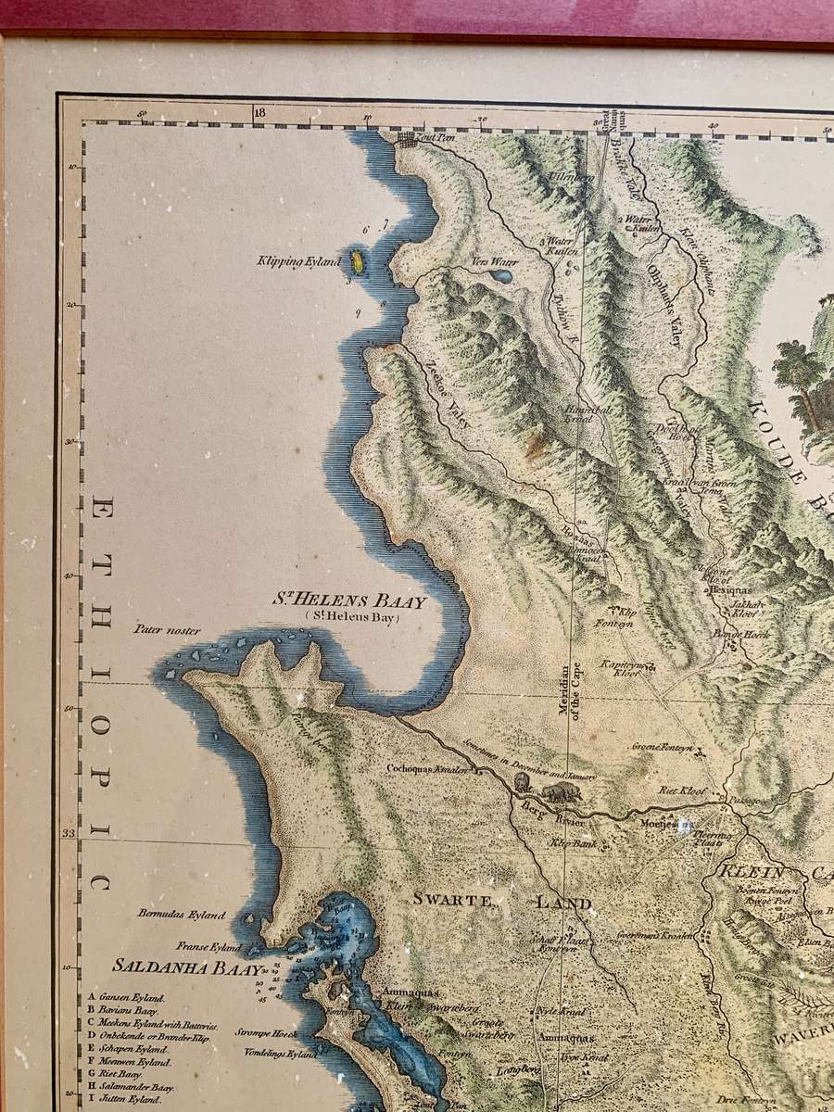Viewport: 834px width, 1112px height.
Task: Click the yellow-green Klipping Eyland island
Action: pos(356,263)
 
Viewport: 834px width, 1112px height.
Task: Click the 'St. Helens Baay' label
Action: pos(349,600)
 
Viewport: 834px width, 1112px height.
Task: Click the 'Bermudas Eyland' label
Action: pos(182,915)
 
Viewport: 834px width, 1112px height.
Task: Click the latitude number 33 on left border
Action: pos(69,833)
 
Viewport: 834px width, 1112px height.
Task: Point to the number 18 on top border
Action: pos(259,113)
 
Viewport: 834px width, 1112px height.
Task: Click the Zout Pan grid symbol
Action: pos(406,138)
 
